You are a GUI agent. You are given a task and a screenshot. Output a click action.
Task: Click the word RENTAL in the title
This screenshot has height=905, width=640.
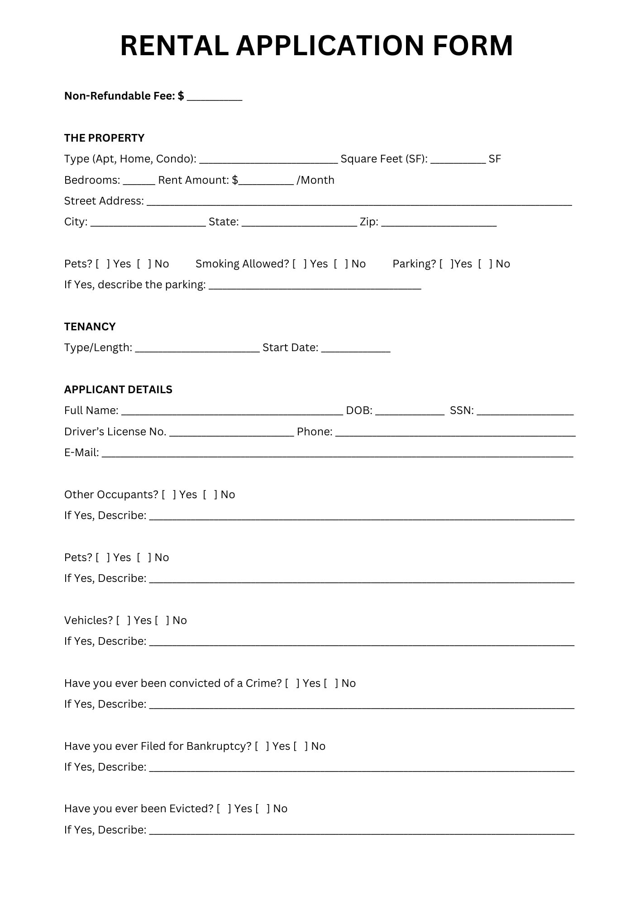[x=174, y=46]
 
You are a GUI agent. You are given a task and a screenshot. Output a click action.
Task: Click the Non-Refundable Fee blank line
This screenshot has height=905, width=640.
[x=214, y=97]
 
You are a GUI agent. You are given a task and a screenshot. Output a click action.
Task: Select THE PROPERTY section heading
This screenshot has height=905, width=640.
[x=104, y=138]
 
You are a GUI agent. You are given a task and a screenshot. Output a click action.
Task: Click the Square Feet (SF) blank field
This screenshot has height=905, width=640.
[x=458, y=160]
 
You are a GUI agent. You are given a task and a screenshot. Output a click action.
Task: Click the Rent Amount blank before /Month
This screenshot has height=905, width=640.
[x=266, y=181]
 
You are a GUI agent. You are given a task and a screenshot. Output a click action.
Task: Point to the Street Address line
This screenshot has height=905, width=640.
[x=359, y=202]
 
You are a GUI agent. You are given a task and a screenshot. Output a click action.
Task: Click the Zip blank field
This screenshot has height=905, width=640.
[x=439, y=223]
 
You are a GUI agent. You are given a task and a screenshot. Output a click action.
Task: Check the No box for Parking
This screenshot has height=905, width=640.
[x=485, y=264]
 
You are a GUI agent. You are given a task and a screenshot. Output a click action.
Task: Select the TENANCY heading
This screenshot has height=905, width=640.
[x=90, y=327]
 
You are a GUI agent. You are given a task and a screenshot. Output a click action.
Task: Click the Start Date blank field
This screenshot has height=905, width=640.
[x=355, y=348]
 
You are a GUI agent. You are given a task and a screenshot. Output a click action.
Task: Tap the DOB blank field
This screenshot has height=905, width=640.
[x=409, y=411]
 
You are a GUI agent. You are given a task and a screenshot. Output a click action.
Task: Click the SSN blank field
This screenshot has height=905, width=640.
[x=525, y=411]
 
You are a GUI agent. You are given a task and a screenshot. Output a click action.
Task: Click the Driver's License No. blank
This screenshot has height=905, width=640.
[x=231, y=433]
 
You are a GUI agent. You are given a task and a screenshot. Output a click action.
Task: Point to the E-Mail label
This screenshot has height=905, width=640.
[x=81, y=452]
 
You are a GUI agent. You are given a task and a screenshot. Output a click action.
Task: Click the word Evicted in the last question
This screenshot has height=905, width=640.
[x=191, y=809]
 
